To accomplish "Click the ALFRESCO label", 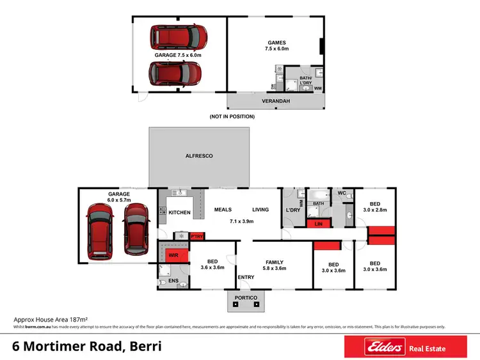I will coord(199,155).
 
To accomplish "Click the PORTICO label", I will coord(246,298).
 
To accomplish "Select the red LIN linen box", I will coord(318,224).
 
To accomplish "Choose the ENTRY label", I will coord(246,277).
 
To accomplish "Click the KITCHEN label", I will coord(180,212).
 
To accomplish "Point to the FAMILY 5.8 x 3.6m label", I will coord(275,265).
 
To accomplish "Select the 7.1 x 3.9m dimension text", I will coord(243,221).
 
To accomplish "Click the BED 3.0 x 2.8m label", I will coord(374,206).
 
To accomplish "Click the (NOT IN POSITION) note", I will coord(232,116).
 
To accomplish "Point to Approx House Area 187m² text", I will coord(51,318).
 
